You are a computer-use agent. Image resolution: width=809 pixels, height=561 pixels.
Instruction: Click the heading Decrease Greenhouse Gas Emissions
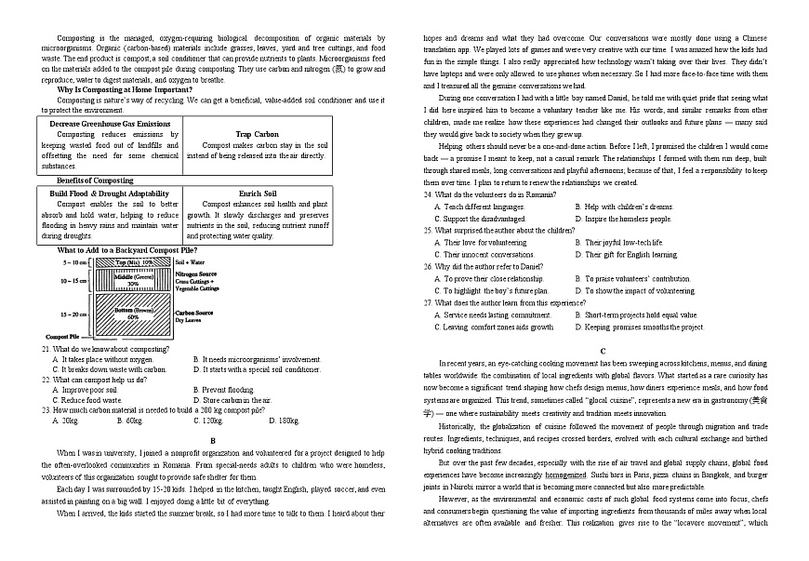[x=110, y=124]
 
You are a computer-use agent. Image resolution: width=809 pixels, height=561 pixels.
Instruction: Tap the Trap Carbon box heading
[x=257, y=135]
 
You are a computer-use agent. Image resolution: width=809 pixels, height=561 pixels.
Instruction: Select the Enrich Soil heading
[x=257, y=194]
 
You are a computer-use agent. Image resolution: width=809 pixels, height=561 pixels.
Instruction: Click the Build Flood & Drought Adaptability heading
[x=110, y=194]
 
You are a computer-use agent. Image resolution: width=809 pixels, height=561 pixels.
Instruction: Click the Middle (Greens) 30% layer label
[x=133, y=280]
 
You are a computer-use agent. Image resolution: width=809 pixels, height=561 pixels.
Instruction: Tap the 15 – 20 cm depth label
[x=73, y=314]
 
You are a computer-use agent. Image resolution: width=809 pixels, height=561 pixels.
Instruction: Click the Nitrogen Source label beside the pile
[x=196, y=274]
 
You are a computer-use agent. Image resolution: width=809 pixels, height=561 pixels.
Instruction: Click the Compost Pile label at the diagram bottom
[x=61, y=336]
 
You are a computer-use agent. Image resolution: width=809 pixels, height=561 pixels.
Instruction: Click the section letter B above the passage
[x=213, y=440]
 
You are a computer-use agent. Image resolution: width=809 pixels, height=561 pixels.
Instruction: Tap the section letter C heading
[x=603, y=350]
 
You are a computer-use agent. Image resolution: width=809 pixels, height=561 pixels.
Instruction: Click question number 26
[x=428, y=265]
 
